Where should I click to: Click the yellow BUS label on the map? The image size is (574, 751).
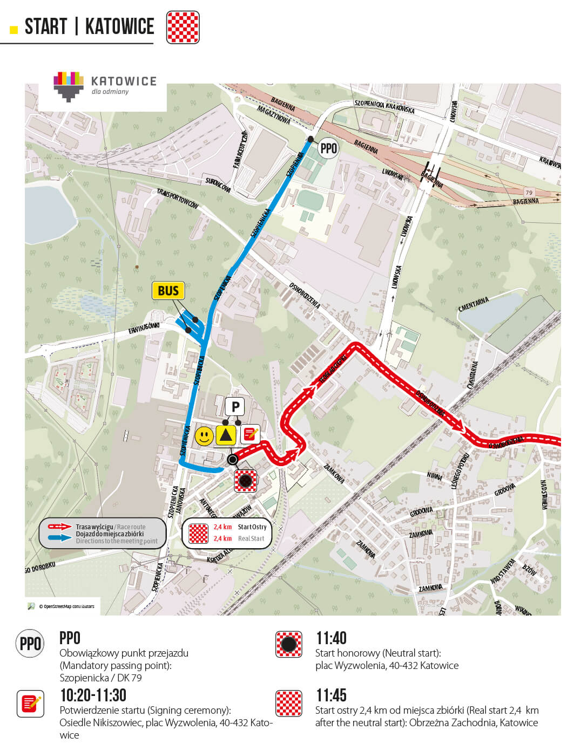(x=168, y=291)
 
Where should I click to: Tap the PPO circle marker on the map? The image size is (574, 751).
(x=328, y=148)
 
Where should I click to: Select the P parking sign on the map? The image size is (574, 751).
(x=235, y=406)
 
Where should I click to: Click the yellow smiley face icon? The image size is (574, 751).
(x=204, y=435)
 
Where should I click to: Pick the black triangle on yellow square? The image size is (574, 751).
(x=226, y=435)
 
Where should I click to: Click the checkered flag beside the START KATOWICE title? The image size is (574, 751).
(x=183, y=27)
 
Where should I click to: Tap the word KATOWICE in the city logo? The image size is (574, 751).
(x=124, y=81)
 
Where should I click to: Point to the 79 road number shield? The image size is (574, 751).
(x=529, y=193)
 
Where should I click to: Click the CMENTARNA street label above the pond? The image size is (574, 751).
(x=474, y=304)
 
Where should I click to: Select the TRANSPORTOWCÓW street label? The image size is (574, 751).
(x=178, y=199)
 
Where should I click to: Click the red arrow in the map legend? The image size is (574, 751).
(x=59, y=527)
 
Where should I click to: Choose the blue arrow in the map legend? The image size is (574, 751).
(x=59, y=537)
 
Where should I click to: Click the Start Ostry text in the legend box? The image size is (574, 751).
(x=252, y=527)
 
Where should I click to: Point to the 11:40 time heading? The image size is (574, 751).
(x=331, y=638)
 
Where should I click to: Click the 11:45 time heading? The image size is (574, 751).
(x=331, y=695)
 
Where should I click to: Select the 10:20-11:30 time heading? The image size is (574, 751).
(x=93, y=695)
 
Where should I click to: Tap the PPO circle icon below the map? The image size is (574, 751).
(x=30, y=644)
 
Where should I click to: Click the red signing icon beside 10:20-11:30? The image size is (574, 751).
(x=30, y=704)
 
